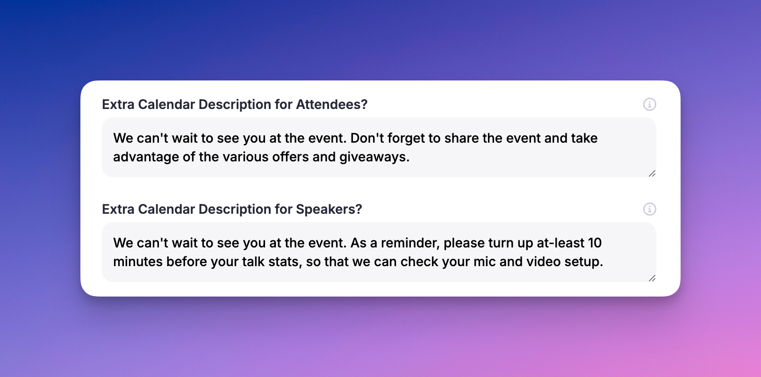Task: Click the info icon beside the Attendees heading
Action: pyautogui.click(x=650, y=104)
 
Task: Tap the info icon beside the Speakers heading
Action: pyautogui.click(x=650, y=209)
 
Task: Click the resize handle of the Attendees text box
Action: pyautogui.click(x=652, y=174)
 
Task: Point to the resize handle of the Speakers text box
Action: pyautogui.click(x=652, y=278)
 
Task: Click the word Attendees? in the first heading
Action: pyautogui.click(x=331, y=104)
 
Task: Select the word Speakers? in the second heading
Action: pyautogui.click(x=329, y=209)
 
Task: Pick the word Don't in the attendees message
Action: pyautogui.click(x=366, y=138)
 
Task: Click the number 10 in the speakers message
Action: pyautogui.click(x=595, y=243)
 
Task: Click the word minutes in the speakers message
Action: pyautogui.click(x=138, y=261)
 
